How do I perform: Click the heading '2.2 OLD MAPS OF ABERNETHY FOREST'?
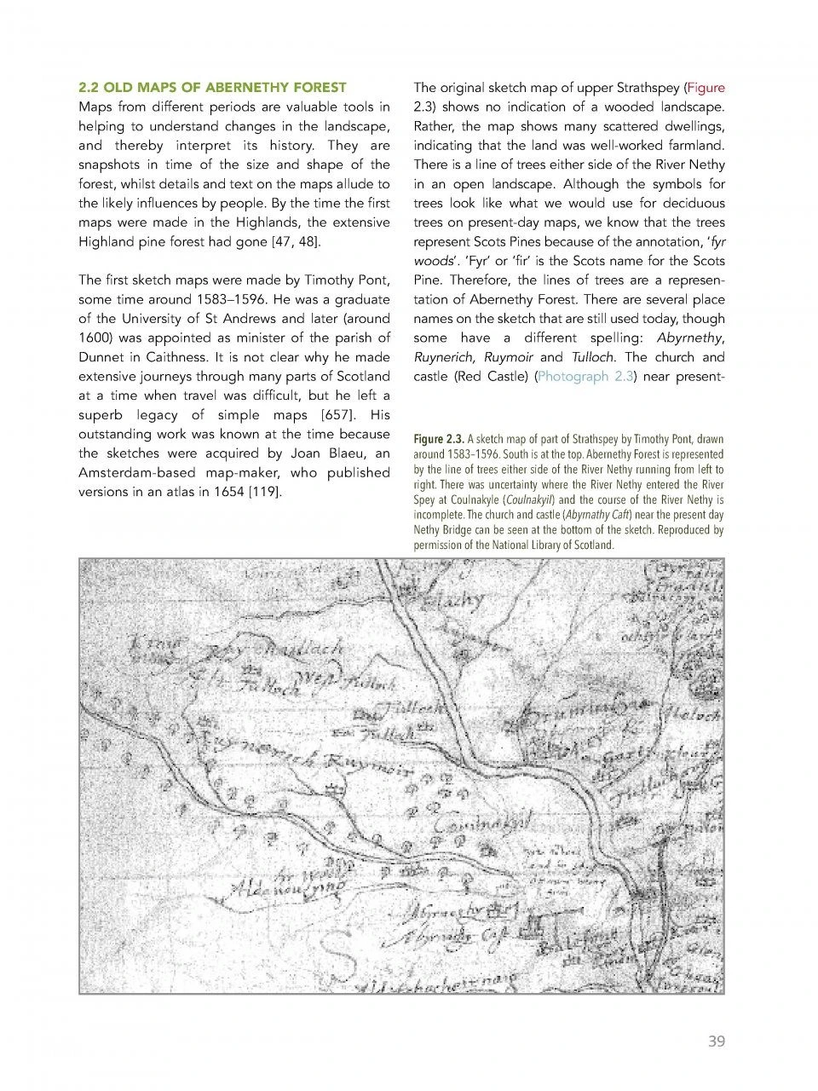coord(212,87)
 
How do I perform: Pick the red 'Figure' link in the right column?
coord(706,87)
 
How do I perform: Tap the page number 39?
coord(716,1041)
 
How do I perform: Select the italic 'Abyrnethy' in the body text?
coord(690,338)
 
